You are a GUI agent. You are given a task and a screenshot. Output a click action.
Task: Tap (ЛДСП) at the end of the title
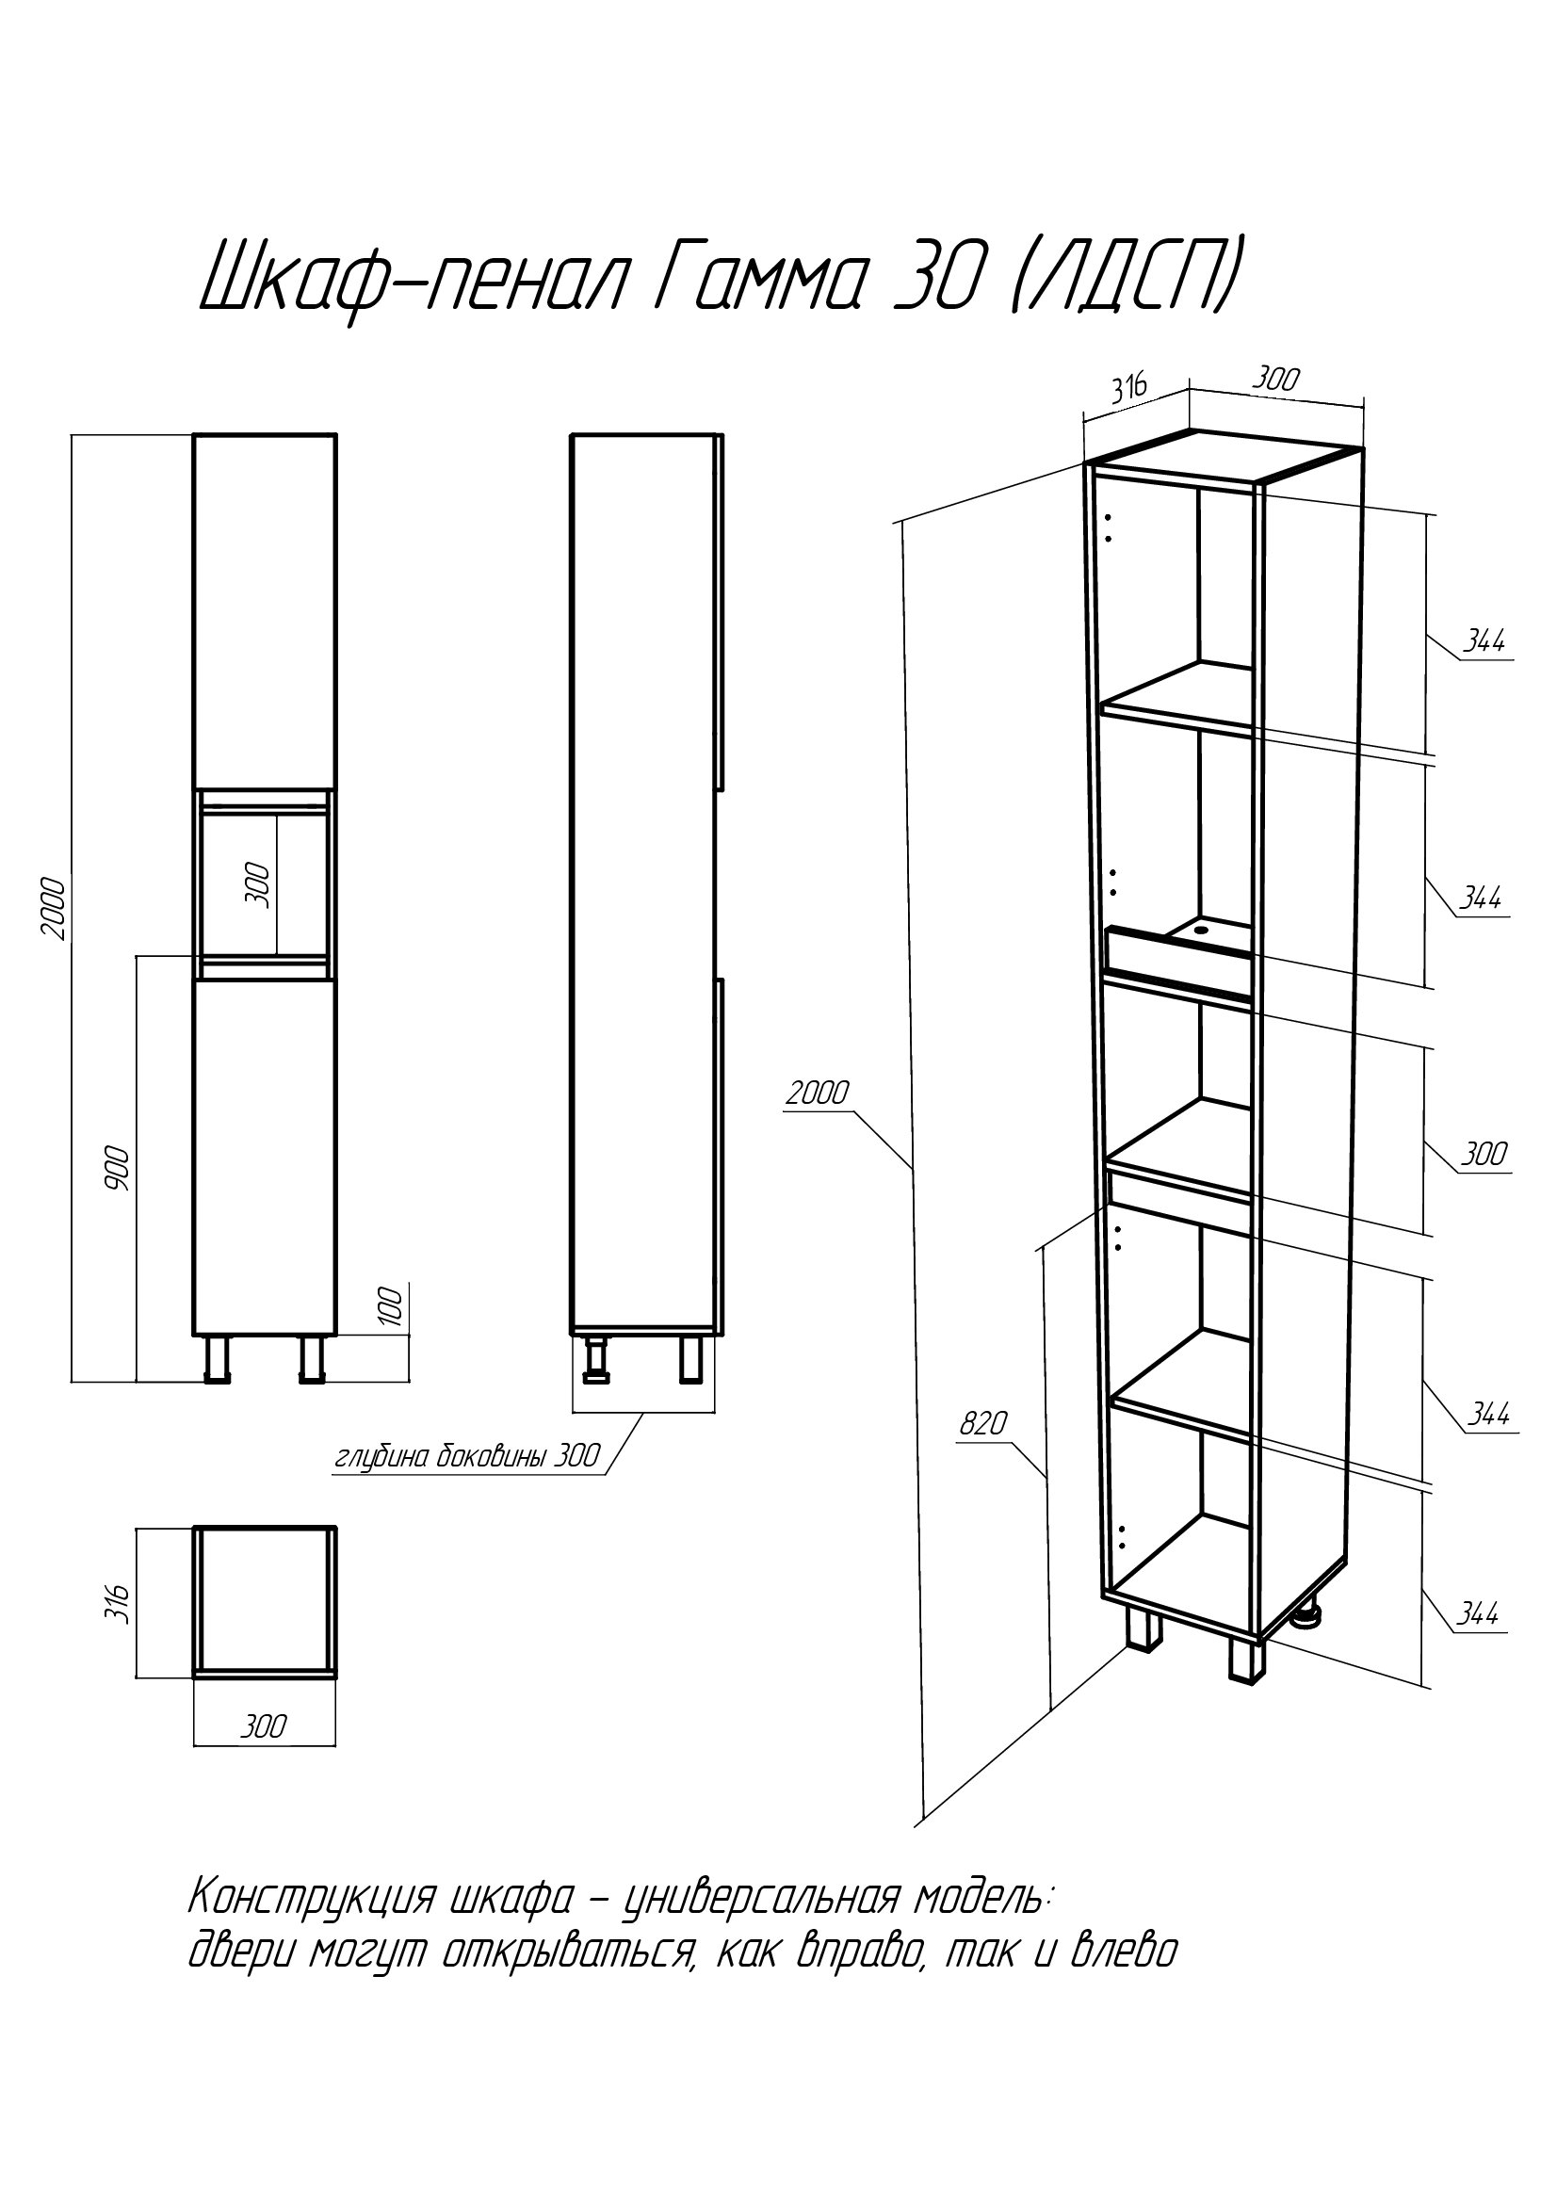click(x=1119, y=278)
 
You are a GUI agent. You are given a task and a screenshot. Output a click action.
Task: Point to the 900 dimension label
click(x=117, y=1168)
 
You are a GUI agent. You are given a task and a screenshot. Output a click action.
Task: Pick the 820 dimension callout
click(x=983, y=1423)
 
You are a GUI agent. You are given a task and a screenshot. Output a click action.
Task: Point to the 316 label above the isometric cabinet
click(x=1129, y=390)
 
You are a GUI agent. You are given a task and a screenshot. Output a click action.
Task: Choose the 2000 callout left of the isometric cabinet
click(x=818, y=1093)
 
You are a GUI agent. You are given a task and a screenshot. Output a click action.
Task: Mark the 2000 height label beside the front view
click(x=53, y=907)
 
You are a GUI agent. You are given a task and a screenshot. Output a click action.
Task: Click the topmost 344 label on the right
click(x=1484, y=642)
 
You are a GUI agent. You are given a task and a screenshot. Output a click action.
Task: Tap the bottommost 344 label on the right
click(x=1477, y=1614)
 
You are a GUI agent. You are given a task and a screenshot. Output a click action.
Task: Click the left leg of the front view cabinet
click(x=218, y=1360)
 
